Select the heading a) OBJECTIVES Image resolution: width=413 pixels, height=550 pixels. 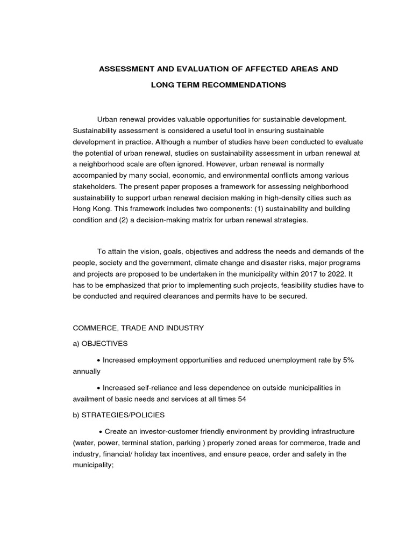point(102,344)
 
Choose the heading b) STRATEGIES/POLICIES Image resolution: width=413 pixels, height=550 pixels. point(119,415)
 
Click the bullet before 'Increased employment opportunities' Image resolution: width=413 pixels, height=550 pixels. point(99,359)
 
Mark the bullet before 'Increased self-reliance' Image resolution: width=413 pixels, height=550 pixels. point(99,387)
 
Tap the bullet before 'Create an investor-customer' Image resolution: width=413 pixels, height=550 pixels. point(101,431)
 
